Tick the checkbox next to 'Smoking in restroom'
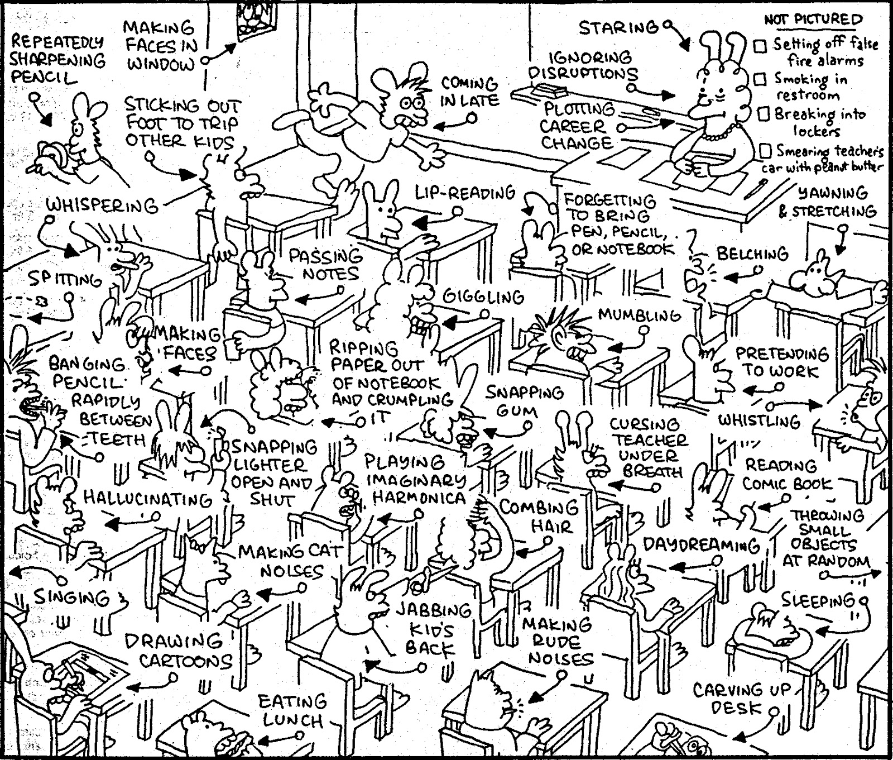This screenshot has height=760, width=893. tap(760, 79)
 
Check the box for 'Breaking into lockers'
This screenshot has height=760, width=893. tap(764, 114)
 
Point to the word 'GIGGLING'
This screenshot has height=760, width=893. tap(483, 297)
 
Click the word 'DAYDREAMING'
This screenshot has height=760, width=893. tap(701, 545)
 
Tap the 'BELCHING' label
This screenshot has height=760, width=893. tap(752, 254)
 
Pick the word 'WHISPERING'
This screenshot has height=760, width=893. tap(102, 205)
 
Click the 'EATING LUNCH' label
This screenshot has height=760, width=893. tap(292, 710)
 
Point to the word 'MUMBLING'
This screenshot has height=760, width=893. tap(639, 315)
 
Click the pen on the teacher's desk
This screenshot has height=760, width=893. tap(753, 188)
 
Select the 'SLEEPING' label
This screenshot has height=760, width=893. tap(817, 600)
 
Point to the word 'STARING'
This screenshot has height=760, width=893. tap(617, 27)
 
